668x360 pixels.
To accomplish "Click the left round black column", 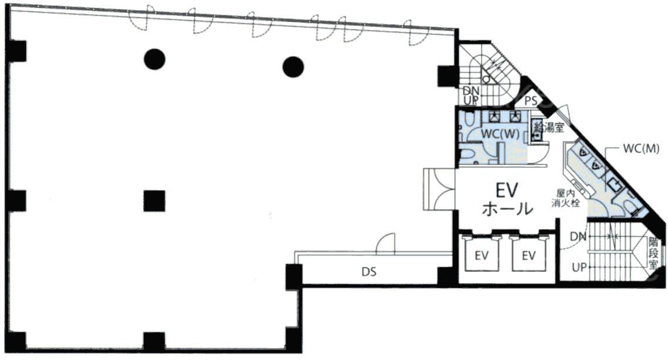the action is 154,59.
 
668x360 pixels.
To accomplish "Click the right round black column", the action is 293,67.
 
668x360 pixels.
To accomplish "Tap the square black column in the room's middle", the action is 154,201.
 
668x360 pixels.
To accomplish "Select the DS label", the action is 369,271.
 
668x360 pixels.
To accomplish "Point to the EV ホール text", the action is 508,198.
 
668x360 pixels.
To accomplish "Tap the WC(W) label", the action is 500,134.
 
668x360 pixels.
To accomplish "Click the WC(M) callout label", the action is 641,148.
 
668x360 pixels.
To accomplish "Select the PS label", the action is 531,102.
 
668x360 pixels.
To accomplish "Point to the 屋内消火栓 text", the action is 566,198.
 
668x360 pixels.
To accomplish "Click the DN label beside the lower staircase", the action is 578,236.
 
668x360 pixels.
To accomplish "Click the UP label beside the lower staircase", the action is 579,268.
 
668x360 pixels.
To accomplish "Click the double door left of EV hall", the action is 439,189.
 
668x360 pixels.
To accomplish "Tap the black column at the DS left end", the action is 294,277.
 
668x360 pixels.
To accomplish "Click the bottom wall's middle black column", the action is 154,342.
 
